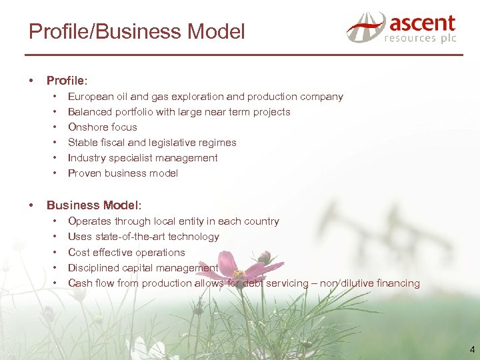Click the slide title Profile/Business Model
pos(137,31)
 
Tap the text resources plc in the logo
pos(419,39)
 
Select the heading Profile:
pos(67,81)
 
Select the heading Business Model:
pos(94,205)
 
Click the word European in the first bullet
pos(91,97)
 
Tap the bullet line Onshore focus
pos(102,127)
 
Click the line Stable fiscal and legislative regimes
pos(152,143)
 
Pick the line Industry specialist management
pos(143,158)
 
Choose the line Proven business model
pos(123,173)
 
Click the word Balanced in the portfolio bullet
pos(89,112)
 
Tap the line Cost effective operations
pos(126,253)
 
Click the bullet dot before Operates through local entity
pos(54,221)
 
